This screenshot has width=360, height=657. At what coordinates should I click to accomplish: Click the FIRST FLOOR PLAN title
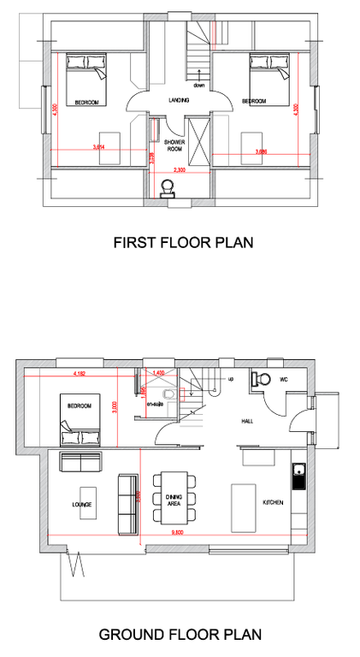[183, 242]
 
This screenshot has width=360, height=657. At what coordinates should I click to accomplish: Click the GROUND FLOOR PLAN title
[180, 634]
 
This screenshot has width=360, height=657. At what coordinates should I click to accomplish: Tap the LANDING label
[179, 101]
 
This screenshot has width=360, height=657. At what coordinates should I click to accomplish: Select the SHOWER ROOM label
[174, 146]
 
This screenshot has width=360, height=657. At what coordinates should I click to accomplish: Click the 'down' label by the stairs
[199, 86]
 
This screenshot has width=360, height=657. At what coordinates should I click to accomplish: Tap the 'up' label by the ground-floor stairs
[230, 377]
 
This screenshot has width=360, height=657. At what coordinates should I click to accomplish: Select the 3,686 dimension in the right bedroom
[263, 151]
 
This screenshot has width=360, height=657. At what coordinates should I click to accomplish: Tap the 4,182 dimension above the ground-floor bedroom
[81, 374]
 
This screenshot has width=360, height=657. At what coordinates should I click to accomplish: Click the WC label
[284, 378]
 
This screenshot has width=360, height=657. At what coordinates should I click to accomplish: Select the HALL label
[247, 422]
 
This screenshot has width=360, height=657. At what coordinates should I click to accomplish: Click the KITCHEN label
[272, 503]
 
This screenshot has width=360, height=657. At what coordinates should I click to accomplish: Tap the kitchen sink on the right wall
[298, 475]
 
